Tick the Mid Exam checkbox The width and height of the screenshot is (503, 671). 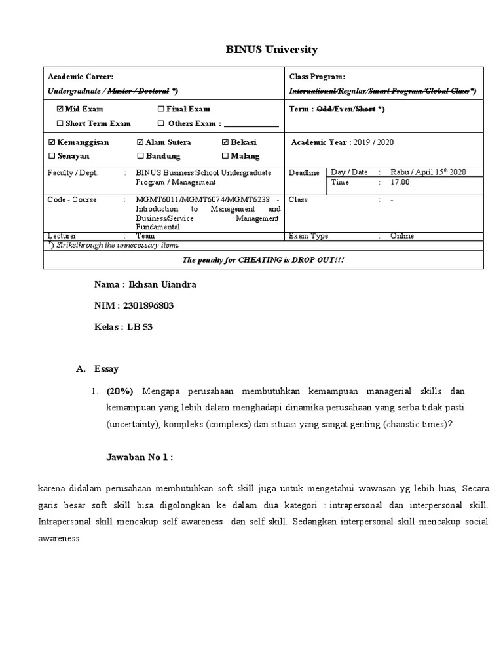[60, 109]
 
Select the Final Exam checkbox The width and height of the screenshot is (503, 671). [162, 109]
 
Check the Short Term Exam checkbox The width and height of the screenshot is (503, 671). [60, 123]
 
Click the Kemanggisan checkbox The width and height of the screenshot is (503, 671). [52, 142]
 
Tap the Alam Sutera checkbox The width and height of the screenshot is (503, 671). [140, 142]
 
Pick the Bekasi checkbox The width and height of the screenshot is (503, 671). [226, 142]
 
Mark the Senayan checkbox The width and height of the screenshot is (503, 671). [52, 156]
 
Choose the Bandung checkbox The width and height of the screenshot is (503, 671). [140, 156]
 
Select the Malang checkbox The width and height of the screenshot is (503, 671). [226, 156]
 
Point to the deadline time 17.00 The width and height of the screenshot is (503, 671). [400, 182]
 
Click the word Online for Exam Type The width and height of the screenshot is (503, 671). [402, 236]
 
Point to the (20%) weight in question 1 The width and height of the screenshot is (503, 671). [120, 391]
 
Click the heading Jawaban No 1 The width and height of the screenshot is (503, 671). [140, 457]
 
